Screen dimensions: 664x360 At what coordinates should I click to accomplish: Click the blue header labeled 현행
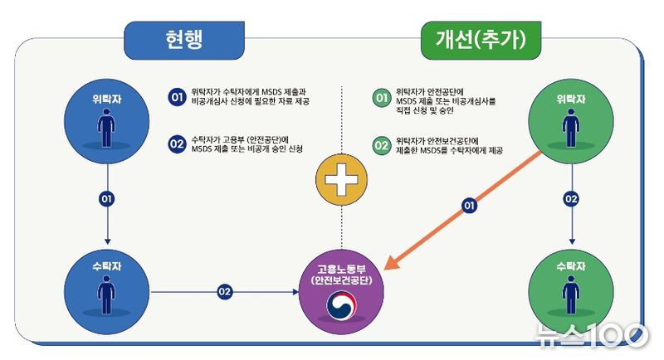184,40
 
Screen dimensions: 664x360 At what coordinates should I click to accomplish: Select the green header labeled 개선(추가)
481,40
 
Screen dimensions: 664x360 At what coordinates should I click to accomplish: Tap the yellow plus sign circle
341,180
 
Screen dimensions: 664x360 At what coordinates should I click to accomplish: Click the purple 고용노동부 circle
341,292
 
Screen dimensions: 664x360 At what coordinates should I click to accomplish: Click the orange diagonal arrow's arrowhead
391,262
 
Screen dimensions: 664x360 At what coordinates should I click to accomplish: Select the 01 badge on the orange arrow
469,206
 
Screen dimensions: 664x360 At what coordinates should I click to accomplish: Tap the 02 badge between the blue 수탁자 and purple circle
224,291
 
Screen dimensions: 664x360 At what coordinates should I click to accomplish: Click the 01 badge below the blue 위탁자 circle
107,199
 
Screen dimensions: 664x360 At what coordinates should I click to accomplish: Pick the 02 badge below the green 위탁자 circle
571,199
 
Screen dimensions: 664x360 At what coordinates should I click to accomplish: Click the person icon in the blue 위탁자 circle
106,128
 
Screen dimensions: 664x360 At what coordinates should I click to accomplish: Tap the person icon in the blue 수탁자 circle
106,294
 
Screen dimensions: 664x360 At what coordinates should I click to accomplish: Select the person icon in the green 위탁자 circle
571,128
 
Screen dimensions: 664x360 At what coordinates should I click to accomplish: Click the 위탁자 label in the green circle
571,100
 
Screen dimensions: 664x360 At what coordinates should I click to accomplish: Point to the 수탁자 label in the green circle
571,266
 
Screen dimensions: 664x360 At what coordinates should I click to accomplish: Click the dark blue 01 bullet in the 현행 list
177,97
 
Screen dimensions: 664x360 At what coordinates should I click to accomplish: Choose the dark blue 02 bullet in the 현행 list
177,144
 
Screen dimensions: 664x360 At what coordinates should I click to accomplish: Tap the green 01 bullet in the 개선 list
382,98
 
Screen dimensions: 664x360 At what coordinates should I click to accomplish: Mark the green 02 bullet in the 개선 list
382,145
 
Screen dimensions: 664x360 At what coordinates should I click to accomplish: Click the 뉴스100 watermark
592,335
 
